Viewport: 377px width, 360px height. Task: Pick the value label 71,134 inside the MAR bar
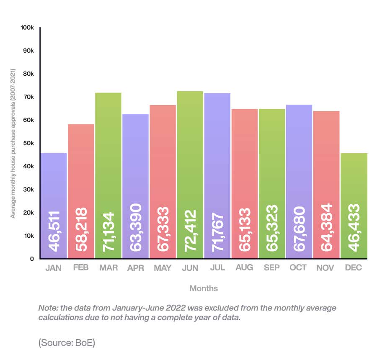pos(108,229)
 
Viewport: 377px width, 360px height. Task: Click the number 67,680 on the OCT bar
pos(299,228)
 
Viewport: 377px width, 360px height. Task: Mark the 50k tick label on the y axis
pos(28,143)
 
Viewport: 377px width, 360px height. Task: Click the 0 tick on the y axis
pos(31,259)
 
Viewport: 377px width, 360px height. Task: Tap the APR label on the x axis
pos(135,268)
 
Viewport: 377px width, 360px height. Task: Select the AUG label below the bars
pos(245,267)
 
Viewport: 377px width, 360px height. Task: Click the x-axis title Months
pos(204,288)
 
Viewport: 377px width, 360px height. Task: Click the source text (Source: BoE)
pos(67,342)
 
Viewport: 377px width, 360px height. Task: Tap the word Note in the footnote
pos(47,308)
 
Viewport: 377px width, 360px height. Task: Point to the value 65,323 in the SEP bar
pos(272,228)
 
